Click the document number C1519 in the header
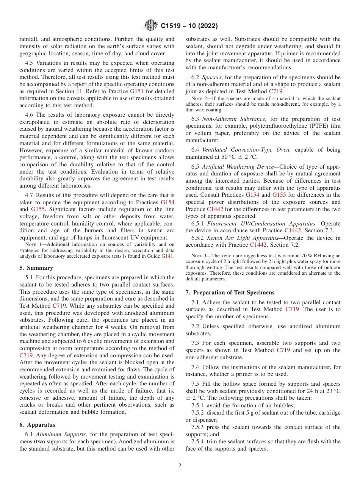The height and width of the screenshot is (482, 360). (x=172, y=27)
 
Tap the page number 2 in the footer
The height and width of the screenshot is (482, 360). (x=180, y=466)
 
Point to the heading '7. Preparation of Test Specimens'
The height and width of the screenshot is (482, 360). (x=230, y=293)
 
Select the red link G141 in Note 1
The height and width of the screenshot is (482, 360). (x=168, y=256)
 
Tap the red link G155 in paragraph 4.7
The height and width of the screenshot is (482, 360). (x=38, y=209)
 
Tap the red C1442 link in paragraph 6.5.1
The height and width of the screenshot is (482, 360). (x=293, y=230)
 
